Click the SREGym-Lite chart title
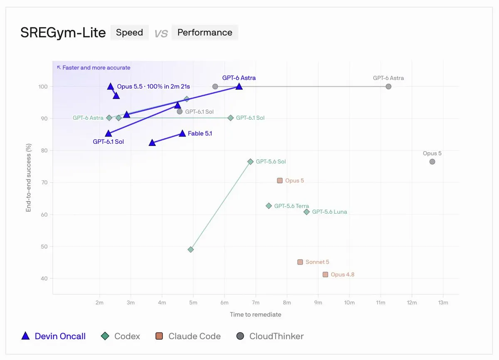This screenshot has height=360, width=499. click(x=63, y=33)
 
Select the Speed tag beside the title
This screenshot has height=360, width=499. click(x=129, y=32)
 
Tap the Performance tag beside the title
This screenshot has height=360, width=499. click(x=205, y=32)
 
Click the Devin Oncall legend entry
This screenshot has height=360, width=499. click(x=54, y=336)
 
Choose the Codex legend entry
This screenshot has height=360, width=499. click(x=120, y=336)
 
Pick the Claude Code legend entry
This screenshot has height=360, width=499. click(x=188, y=336)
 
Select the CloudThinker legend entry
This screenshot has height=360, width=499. click(x=270, y=336)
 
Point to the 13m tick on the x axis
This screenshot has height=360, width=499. click(x=443, y=303)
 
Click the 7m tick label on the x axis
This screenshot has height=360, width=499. click(x=255, y=303)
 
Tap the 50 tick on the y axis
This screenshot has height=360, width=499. click(x=44, y=247)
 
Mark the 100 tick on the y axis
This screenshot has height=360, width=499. click(x=43, y=86)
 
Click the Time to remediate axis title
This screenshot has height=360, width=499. click(x=255, y=314)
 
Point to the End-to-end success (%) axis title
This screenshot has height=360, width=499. click(x=28, y=178)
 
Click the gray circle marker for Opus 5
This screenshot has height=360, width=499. click(x=432, y=162)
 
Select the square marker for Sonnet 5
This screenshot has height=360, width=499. click(x=300, y=262)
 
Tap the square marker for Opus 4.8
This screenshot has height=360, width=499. click(x=325, y=274)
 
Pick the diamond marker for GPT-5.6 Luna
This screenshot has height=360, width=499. click(x=306, y=212)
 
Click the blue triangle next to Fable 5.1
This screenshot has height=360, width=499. click(x=182, y=133)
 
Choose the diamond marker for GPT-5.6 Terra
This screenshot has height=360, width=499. click(x=269, y=206)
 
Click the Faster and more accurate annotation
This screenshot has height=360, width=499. click(x=94, y=67)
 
